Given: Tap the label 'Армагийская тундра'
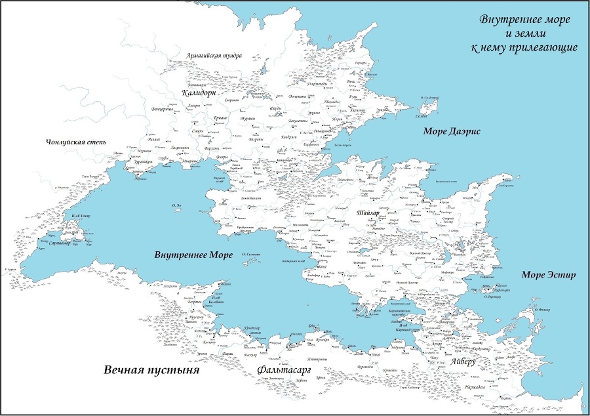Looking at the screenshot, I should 214,56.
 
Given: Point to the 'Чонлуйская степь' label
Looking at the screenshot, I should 72,142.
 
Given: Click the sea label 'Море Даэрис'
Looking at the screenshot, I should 452,131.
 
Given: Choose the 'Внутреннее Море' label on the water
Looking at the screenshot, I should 193,255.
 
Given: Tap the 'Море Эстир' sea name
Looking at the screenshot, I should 548,274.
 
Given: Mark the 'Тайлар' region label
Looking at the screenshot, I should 369,214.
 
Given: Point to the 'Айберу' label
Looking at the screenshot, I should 464,362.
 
